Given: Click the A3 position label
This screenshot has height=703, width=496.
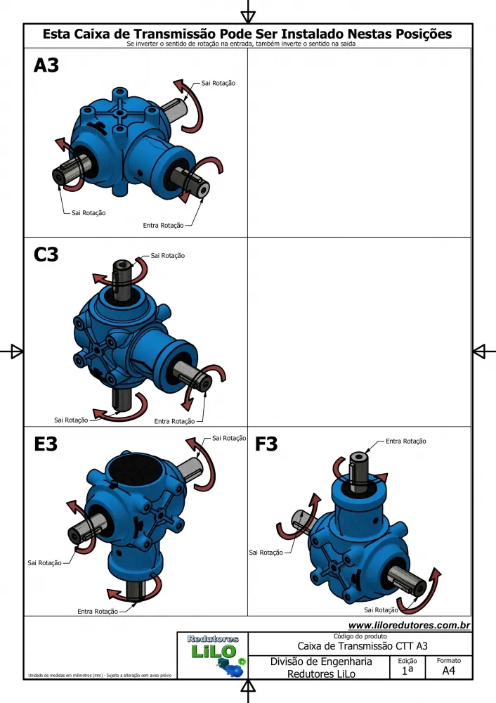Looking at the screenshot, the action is point(46,65).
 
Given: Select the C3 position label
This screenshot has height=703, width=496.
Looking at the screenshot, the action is point(46,254).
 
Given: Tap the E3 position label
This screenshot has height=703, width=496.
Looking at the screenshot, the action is point(46,444).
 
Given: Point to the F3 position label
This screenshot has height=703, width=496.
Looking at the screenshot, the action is point(266,444).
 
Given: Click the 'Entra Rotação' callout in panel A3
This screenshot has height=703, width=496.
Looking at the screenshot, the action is point(163,226).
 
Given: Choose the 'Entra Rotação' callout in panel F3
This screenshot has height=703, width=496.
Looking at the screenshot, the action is point(406,441).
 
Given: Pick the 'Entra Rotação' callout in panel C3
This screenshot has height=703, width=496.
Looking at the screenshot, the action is point(174,421).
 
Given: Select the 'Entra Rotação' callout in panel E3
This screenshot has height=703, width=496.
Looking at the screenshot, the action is point(98,611).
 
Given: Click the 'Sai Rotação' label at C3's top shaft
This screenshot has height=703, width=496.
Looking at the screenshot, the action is point(168,256).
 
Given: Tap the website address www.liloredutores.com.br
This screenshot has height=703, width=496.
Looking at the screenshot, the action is point(409,625).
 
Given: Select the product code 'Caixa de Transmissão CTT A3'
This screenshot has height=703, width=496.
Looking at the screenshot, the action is point(363,646).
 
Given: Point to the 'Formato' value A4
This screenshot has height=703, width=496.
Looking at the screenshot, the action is point(448,671).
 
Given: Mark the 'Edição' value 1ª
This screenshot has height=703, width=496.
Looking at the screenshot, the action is point(407,671).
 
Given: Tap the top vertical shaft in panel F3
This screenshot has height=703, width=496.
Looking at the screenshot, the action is point(358,471).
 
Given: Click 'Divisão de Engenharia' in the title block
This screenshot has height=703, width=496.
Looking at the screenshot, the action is point(321,662).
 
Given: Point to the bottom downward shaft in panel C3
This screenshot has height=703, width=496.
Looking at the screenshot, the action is point(121,399).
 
